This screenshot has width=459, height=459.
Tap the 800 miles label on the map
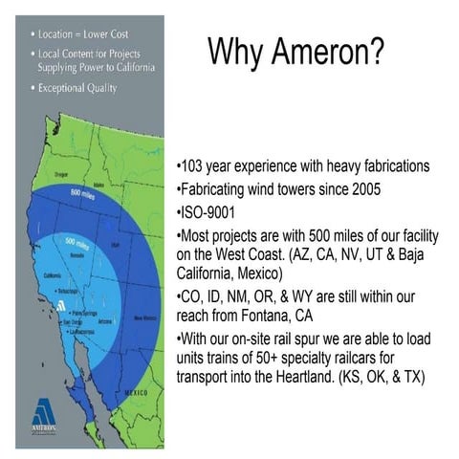pyautogui.click(x=81, y=192)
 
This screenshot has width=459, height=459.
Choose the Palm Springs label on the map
pyautogui.click(x=80, y=312)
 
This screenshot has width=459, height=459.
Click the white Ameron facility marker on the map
pyautogui.click(x=60, y=306)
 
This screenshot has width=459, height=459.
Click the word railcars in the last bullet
pyautogui.click(x=365, y=359)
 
